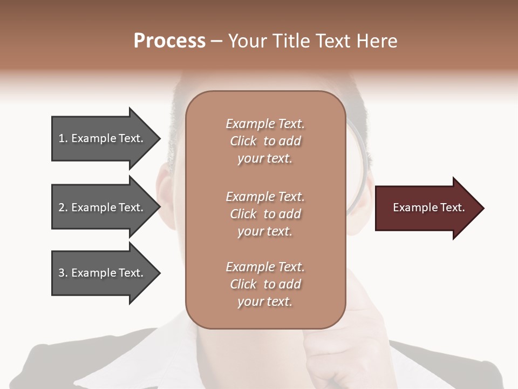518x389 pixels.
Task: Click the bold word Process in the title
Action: (x=169, y=41)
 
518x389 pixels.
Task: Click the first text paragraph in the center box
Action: (x=265, y=141)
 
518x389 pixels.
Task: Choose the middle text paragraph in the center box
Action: (x=265, y=214)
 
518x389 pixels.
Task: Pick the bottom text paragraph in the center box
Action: (x=265, y=284)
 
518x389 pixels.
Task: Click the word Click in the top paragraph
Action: (x=243, y=141)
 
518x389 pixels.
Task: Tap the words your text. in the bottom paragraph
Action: (x=265, y=301)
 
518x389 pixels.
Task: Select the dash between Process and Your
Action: (x=217, y=42)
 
